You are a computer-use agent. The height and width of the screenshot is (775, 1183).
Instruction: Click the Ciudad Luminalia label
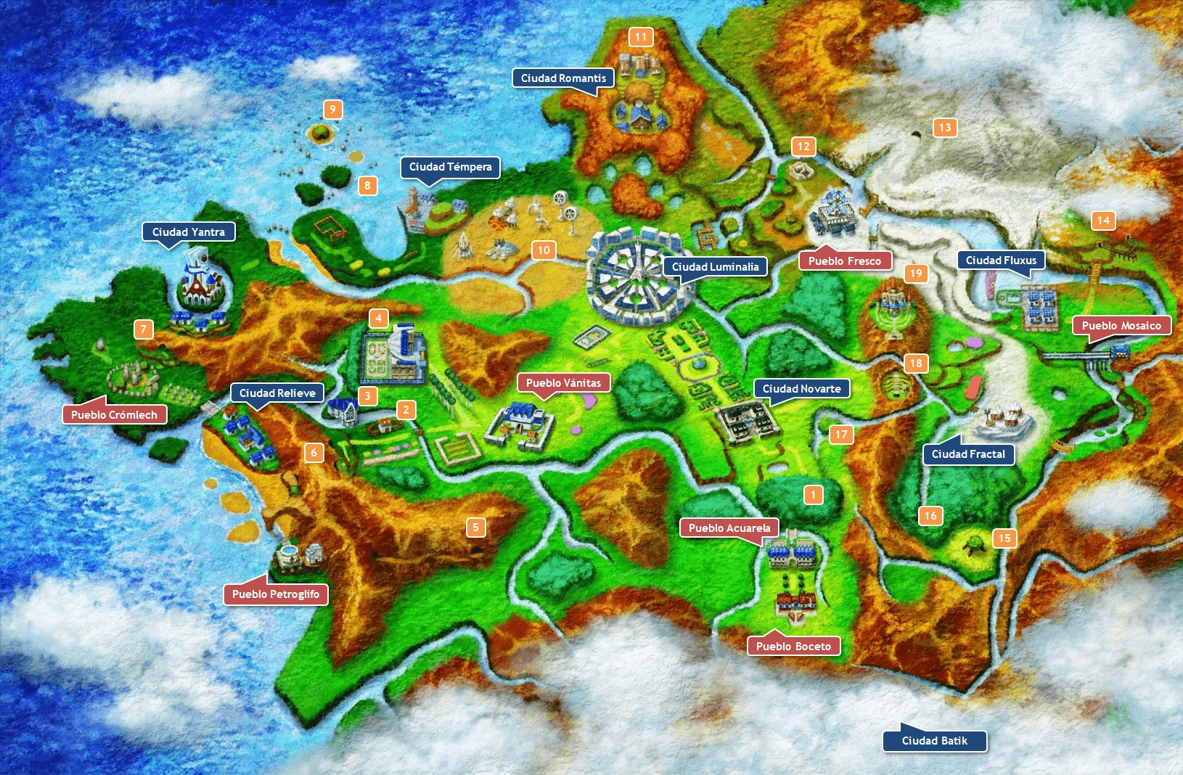point(715,267)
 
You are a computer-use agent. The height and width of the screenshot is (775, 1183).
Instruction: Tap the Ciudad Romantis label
point(563,78)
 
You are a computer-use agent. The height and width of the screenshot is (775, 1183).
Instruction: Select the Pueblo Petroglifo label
point(276,594)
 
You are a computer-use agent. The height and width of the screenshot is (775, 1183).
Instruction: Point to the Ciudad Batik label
point(935,741)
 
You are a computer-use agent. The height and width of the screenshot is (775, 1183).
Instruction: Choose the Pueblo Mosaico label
point(1121,326)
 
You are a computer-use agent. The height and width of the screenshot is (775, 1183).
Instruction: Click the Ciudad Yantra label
point(189,232)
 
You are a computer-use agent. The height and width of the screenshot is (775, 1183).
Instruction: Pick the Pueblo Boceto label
point(793,647)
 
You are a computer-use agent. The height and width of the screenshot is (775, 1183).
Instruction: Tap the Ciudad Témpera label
point(450,167)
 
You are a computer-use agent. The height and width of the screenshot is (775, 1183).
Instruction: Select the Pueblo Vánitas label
point(563,383)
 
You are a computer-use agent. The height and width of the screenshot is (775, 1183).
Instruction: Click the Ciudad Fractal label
point(968,454)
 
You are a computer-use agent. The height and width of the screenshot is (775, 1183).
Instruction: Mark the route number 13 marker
point(944,128)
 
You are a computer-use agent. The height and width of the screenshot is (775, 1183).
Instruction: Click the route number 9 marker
point(332,110)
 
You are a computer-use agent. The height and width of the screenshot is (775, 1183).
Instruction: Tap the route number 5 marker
point(475,528)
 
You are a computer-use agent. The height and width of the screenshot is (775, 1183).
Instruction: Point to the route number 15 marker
point(1004,538)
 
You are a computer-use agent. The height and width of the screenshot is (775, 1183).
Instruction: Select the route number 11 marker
point(640,37)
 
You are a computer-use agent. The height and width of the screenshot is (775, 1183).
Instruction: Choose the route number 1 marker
point(813,495)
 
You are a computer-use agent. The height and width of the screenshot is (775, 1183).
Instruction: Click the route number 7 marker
point(144,329)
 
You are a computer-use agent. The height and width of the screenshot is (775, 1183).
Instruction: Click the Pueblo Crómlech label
point(114,415)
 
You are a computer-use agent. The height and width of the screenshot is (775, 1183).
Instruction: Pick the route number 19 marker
point(916,274)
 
